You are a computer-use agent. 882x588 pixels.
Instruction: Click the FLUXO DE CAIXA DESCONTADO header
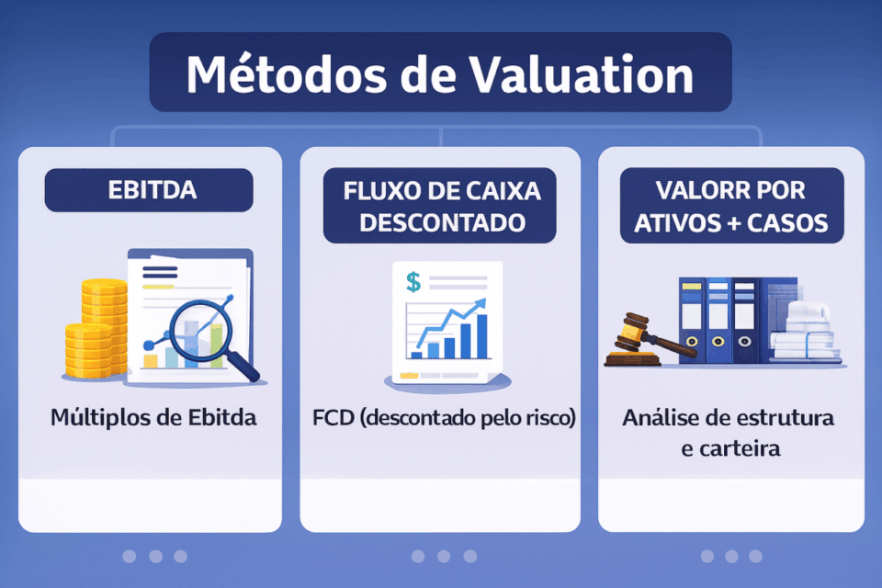[x=441, y=207]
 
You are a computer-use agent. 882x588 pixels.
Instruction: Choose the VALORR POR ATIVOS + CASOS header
[x=731, y=207]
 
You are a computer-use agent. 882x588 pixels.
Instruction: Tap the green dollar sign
[x=413, y=283]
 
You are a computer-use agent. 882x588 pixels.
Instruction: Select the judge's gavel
[x=643, y=335]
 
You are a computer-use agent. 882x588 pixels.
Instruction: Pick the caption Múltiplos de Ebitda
[x=153, y=418]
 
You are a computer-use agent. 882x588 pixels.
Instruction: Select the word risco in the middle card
[x=551, y=418]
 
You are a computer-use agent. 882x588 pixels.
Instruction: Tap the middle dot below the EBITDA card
[x=155, y=556]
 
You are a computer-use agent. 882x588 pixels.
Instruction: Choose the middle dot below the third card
[x=731, y=556]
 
